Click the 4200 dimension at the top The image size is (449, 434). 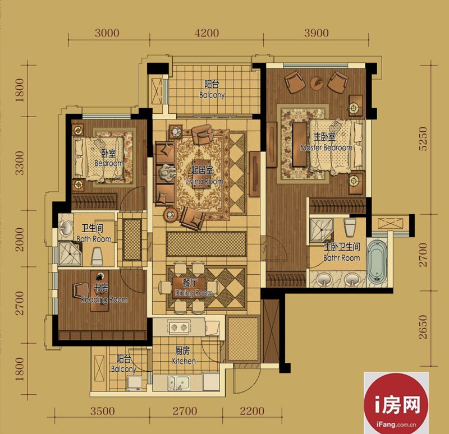pos(207,33)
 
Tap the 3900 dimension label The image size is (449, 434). pos(316,33)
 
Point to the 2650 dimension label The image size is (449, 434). pos(423,327)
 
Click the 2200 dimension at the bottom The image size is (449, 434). pos(252,412)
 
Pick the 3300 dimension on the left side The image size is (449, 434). pos(20,163)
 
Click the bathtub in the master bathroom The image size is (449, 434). pos(377,261)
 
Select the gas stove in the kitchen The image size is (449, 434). pos(179,327)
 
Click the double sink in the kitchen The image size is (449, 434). pos(178,383)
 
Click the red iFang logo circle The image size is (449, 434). pos(396,404)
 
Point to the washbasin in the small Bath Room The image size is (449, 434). pos(66,228)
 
